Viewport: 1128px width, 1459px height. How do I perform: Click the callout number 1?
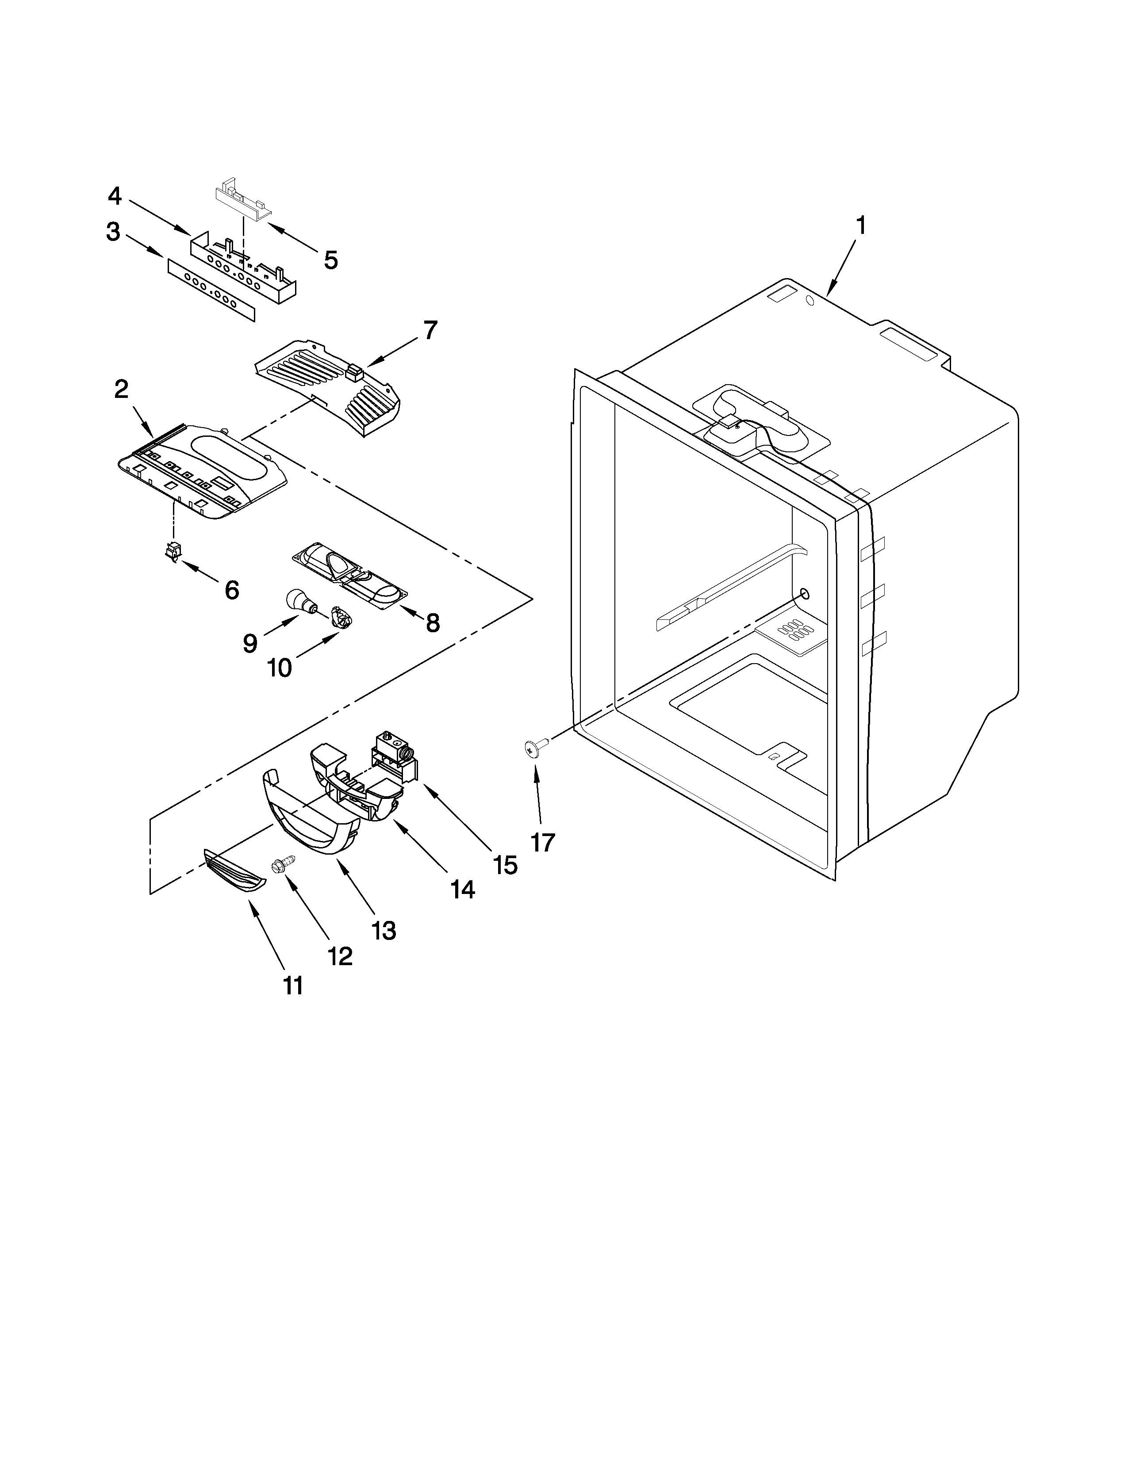[x=861, y=226]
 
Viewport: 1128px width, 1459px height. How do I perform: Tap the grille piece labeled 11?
[x=234, y=872]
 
